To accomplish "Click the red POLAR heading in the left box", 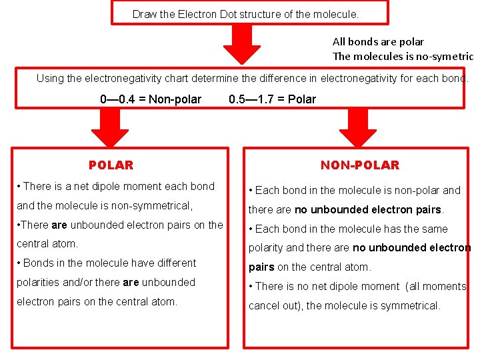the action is pos(111,165).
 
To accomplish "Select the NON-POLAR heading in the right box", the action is pos(359,165).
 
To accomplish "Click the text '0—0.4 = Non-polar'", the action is pos(151,99).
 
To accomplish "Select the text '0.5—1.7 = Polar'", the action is pos(272,99).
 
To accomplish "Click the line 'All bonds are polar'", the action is pos(378,41).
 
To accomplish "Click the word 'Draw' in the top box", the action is pos(143,14).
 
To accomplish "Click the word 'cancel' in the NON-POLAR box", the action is pos(263,306).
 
